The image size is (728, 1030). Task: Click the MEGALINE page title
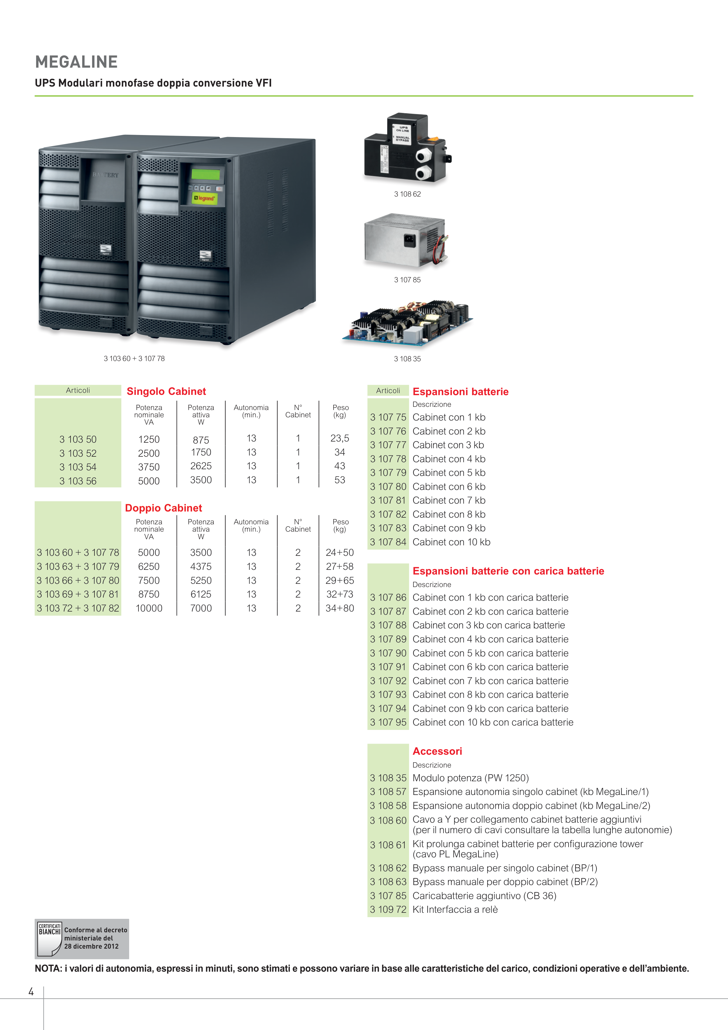76,62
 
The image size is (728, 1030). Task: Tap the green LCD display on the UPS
206,174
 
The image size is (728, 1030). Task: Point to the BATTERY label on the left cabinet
106,175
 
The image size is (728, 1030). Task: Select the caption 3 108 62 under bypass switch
407,194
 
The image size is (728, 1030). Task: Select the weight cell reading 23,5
340,438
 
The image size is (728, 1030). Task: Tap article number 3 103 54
78,467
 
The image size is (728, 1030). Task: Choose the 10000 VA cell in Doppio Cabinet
149,608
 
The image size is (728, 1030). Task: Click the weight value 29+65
340,581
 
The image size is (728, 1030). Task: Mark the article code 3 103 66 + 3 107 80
78,581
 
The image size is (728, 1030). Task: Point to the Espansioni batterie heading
460,392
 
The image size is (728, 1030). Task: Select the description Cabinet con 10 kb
451,542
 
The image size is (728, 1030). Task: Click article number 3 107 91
388,667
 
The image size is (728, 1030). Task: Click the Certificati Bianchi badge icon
49,939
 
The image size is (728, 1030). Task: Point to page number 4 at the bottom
31,992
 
